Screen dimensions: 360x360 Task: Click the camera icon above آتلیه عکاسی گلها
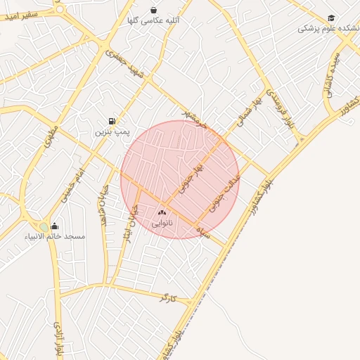click(x=153, y=10)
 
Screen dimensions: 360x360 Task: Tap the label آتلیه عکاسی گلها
click(x=153, y=21)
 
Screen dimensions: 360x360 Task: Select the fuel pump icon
click(x=112, y=121)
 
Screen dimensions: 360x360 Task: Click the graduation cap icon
click(x=331, y=18)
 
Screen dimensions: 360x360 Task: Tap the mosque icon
click(x=55, y=226)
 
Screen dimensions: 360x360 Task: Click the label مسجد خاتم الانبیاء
click(x=55, y=236)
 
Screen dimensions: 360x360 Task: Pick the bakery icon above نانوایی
click(x=162, y=212)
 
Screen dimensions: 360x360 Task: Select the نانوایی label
click(x=162, y=223)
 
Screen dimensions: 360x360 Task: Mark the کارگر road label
click(x=167, y=297)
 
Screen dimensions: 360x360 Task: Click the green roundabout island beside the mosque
click(x=44, y=226)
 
